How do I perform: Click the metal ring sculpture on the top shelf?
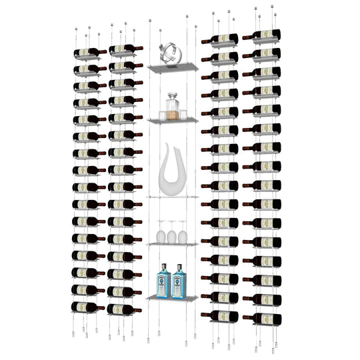[x=171, y=54]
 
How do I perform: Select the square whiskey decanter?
[x=173, y=107]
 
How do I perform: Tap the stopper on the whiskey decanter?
[x=173, y=95]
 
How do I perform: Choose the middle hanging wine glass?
[x=171, y=233]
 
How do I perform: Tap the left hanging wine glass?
[x=161, y=233]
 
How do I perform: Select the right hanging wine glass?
[x=183, y=233]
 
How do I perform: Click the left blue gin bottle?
[x=163, y=281]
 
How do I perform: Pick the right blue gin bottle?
[x=179, y=281]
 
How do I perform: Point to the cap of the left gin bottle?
[x=163, y=266]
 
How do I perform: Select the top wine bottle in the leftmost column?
[x=89, y=51]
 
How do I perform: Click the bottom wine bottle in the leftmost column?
[x=87, y=307]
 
